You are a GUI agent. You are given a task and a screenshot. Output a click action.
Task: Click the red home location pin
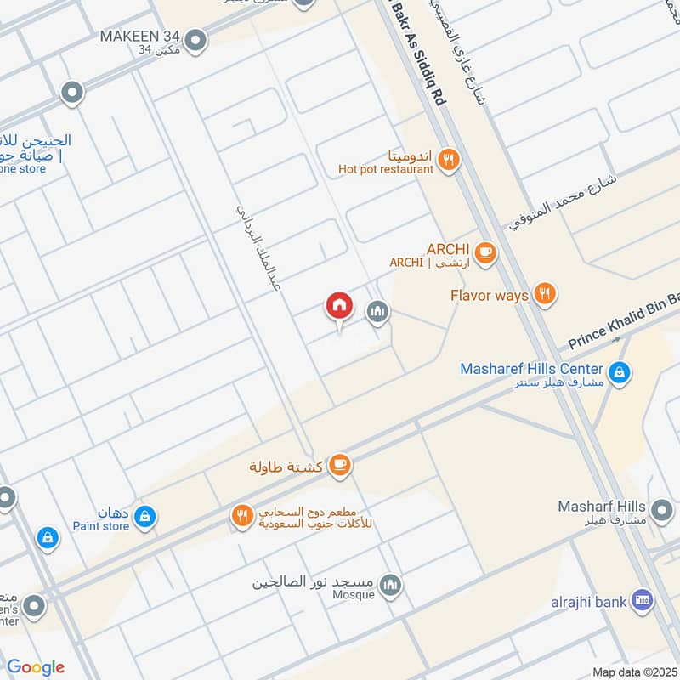(x=339, y=306)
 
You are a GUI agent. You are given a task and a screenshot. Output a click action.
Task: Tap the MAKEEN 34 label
(x=139, y=37)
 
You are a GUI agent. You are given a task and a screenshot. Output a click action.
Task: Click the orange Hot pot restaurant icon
(x=449, y=159)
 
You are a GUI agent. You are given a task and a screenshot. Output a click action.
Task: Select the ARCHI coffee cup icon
(x=484, y=252)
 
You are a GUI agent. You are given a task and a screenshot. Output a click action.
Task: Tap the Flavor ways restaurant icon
(x=545, y=294)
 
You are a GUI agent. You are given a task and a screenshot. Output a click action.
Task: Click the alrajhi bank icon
(x=643, y=601)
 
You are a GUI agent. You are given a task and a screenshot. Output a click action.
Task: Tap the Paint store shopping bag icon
(x=145, y=515)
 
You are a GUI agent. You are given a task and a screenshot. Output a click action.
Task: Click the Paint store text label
(x=100, y=526)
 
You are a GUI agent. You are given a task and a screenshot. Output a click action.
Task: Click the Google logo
(x=36, y=666)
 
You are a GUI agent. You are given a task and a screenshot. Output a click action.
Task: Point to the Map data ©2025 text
(x=633, y=671)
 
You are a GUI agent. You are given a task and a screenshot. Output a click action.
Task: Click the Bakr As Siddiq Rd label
(x=416, y=51)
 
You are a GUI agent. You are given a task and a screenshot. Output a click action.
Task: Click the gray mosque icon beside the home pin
(x=377, y=313)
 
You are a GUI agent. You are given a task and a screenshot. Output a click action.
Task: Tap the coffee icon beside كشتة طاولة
(x=340, y=465)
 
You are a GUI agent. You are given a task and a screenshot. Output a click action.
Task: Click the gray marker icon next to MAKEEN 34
(x=196, y=39)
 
